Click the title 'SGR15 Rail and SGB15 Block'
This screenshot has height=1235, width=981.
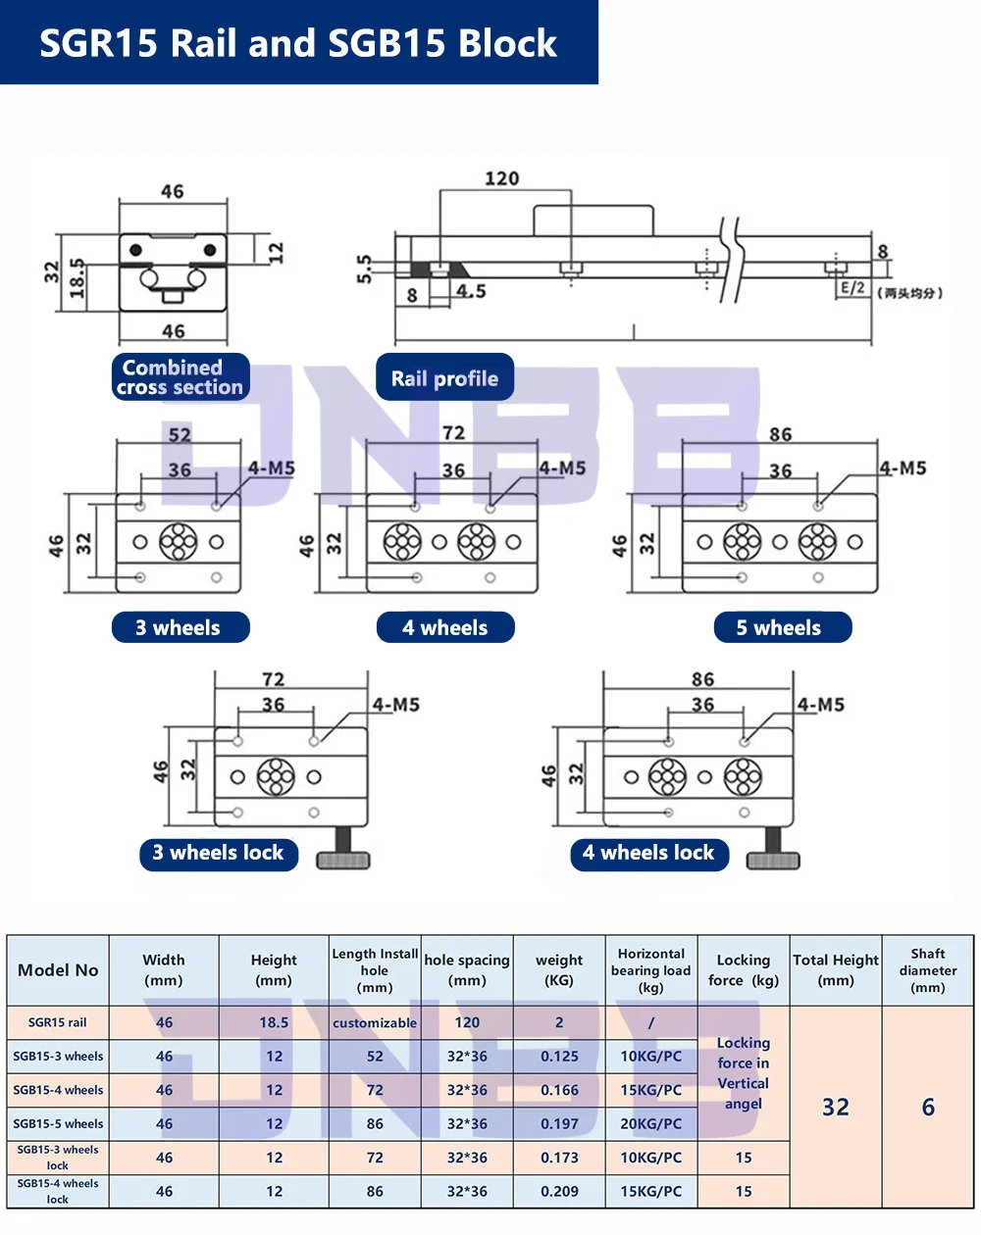pyautogui.click(x=298, y=43)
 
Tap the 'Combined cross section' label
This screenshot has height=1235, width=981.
pyautogui.click(x=181, y=377)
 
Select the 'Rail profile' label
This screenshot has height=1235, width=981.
pyautogui.click(x=444, y=378)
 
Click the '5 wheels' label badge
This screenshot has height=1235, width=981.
pyautogui.click(x=781, y=628)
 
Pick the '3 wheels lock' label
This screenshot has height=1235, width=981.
pyautogui.click(x=218, y=853)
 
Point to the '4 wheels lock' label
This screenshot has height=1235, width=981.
pyautogui.click(x=648, y=853)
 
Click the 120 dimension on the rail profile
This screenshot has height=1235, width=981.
pyautogui.click(x=501, y=178)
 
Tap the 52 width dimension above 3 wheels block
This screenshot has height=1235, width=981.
pyautogui.click(x=180, y=434)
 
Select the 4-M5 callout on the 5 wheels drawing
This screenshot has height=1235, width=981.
pyautogui.click(x=903, y=469)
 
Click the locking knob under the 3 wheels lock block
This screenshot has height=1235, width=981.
pyautogui.click(x=342, y=853)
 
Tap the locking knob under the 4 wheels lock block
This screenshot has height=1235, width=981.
pyautogui.click(x=773, y=853)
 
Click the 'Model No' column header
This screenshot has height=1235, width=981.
pyautogui.click(x=58, y=970)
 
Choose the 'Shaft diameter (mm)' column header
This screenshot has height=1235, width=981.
pyautogui.click(x=928, y=970)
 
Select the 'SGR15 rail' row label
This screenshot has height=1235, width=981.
pyautogui.click(x=58, y=1022)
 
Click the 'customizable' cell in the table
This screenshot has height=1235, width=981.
pyautogui.click(x=375, y=1023)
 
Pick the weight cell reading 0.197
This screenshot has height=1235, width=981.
pyautogui.click(x=559, y=1124)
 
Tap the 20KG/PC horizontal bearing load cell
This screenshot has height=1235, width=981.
pyautogui.click(x=651, y=1124)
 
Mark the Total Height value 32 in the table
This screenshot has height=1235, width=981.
pyautogui.click(x=836, y=1108)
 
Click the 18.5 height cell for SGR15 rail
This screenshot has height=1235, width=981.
pyautogui.click(x=274, y=1022)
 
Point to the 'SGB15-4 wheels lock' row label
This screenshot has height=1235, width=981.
pyautogui.click(x=58, y=1191)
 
